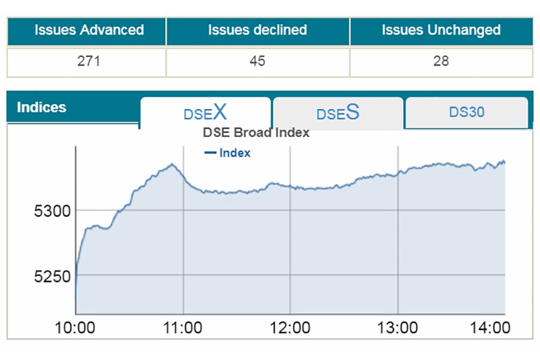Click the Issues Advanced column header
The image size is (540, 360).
89,31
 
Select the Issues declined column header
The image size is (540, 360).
257,31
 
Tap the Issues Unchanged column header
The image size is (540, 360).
441,31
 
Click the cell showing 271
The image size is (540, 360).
89,61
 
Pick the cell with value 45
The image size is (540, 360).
257,61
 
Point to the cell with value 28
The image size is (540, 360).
441,61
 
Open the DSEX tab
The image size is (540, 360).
205,112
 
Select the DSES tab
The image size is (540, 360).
338,112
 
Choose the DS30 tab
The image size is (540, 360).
466,112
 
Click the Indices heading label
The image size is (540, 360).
41,108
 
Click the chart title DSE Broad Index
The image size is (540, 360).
256,133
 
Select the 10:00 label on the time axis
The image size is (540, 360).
75,328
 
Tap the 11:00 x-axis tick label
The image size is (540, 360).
182,328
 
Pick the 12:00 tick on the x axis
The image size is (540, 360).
290,328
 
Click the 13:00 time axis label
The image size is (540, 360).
398,328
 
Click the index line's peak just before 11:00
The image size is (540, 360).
172,164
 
